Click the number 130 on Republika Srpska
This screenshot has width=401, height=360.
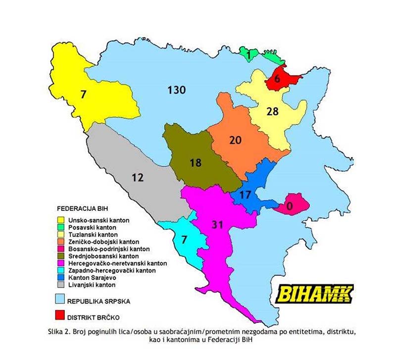176,90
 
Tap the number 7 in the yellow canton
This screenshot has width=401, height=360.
83,93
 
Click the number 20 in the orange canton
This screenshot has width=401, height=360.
237,140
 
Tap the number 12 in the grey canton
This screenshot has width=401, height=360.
138,177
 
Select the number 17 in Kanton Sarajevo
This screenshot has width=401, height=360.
245,194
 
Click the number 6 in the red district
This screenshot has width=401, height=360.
277,79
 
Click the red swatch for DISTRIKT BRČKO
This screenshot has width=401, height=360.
63,315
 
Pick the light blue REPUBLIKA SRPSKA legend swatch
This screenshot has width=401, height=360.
63,299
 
